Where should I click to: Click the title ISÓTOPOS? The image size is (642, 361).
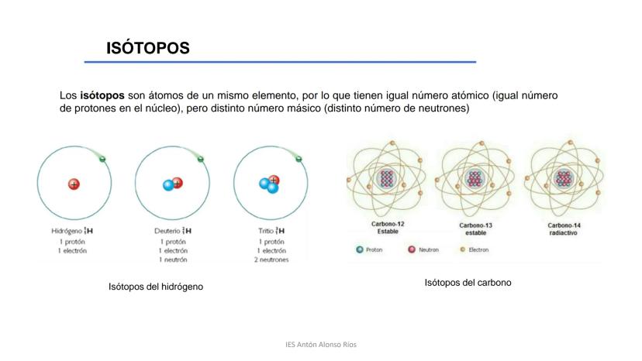(148, 48)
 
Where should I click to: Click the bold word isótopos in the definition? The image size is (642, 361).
(102, 96)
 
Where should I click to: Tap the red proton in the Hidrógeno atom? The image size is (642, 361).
(74, 184)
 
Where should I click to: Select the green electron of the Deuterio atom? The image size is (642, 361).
(201, 159)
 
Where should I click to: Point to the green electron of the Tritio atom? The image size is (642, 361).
(299, 159)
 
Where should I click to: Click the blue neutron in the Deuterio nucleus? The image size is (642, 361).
(168, 185)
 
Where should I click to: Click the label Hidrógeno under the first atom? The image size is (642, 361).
(67, 231)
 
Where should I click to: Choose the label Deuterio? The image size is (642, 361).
(167, 231)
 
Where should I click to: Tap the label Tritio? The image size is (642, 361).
(266, 231)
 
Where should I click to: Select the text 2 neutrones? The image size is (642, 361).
(271, 260)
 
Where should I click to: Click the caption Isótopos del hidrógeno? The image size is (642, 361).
(156, 287)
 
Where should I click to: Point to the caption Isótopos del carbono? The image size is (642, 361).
(468, 283)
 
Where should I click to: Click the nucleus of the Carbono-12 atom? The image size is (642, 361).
(386, 178)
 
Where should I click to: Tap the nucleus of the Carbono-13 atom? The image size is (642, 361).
(475, 178)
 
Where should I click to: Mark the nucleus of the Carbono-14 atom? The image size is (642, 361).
(564, 178)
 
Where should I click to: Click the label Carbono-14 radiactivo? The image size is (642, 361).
(564, 229)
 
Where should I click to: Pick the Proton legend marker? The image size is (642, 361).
(360, 249)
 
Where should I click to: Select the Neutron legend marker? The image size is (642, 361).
(412, 249)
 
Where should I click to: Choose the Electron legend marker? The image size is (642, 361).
(463, 249)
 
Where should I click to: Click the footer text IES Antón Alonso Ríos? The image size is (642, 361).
(321, 345)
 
